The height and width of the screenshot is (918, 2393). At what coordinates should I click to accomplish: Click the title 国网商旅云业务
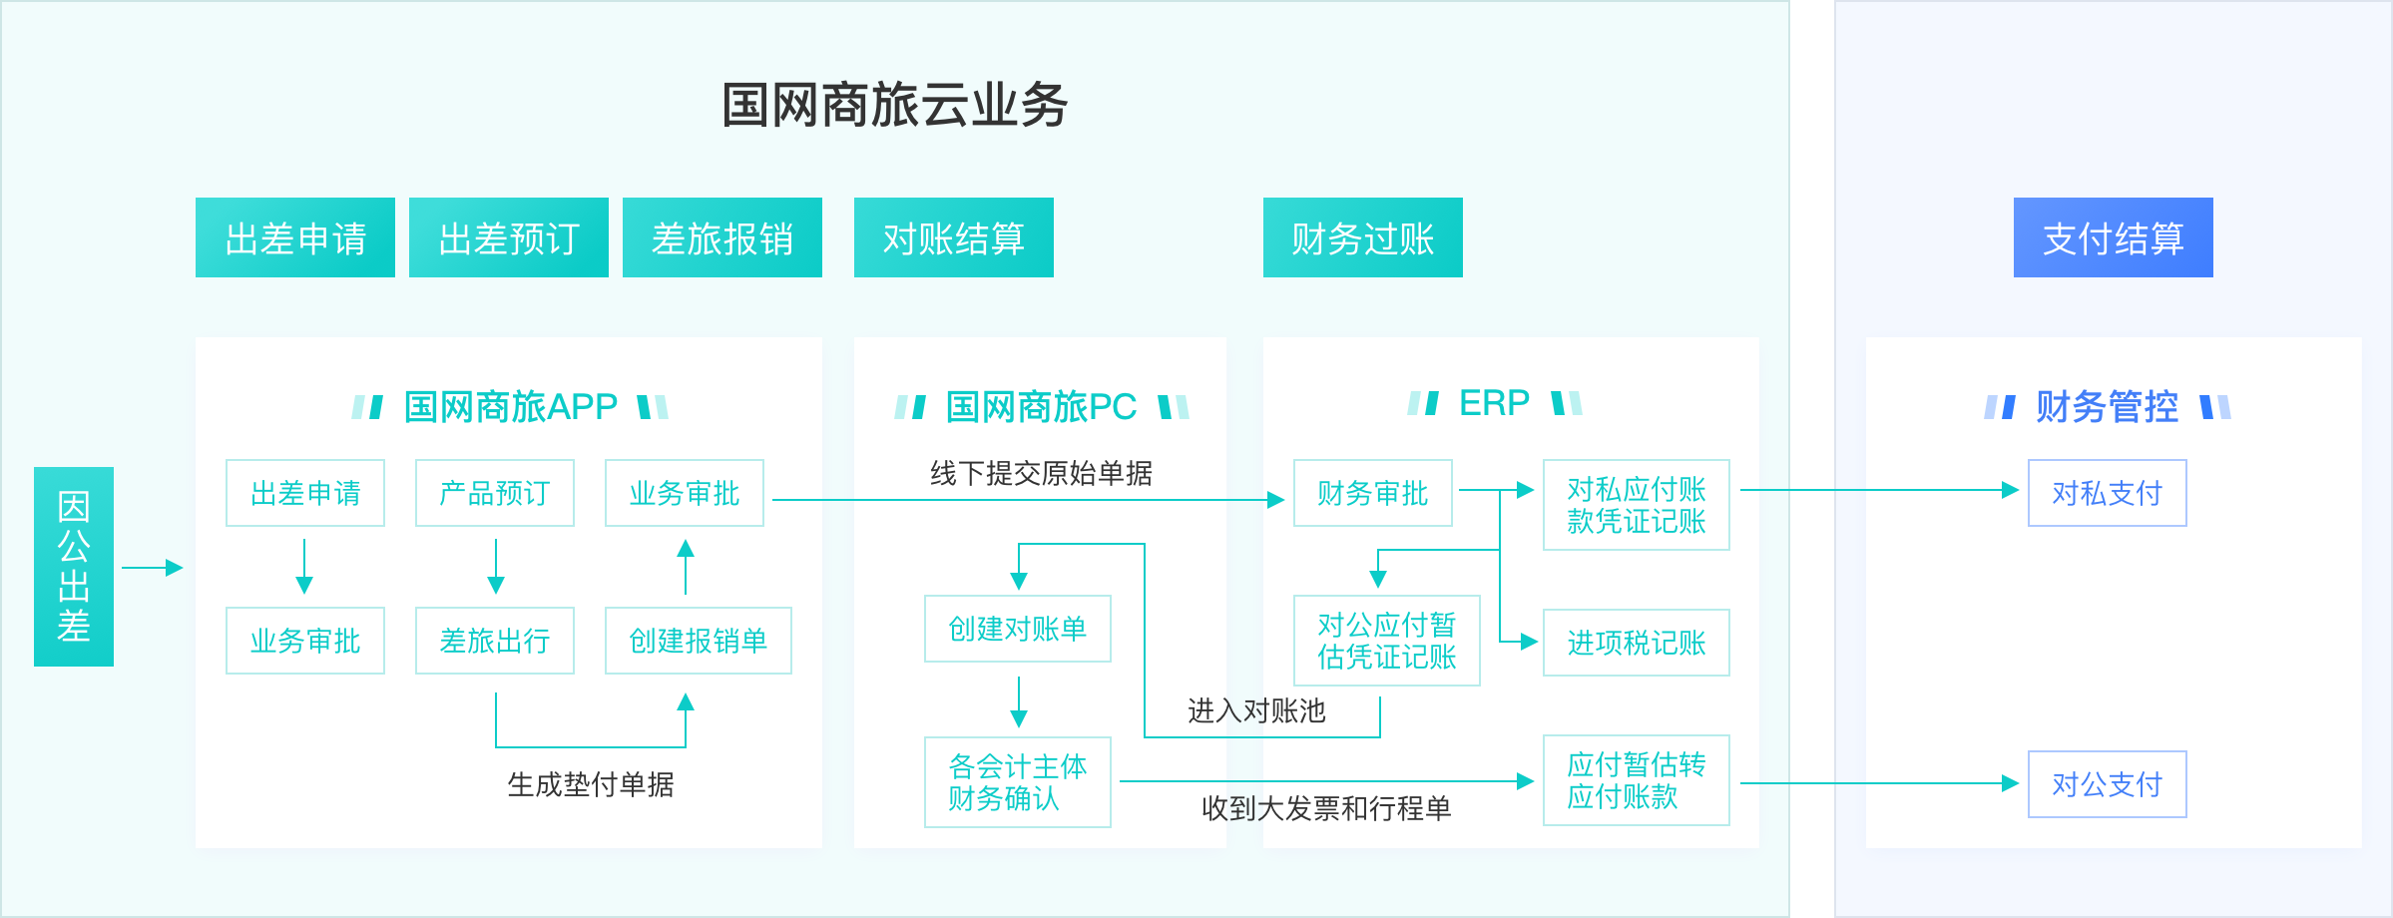[x=894, y=105]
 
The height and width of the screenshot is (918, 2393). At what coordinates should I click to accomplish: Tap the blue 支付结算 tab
[x=2113, y=237]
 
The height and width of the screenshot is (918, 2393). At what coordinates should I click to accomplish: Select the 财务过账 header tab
[x=1362, y=237]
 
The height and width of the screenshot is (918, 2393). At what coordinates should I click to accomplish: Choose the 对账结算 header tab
[x=953, y=237]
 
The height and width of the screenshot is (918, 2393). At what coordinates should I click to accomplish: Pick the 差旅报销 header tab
[x=721, y=237]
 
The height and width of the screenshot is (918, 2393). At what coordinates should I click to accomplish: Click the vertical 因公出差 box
[x=74, y=566]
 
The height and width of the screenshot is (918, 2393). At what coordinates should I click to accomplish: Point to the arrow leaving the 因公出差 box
[x=153, y=568]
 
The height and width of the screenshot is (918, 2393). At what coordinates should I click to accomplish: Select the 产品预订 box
[x=495, y=493]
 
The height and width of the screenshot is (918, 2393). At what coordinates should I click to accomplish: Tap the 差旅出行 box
[x=495, y=641]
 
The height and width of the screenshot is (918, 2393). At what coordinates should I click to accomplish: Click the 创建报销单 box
[x=699, y=641]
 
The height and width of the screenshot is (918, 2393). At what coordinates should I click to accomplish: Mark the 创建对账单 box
[x=1018, y=629]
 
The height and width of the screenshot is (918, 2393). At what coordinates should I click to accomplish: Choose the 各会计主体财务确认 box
[x=1018, y=782]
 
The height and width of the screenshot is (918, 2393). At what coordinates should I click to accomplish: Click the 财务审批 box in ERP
[x=1373, y=493]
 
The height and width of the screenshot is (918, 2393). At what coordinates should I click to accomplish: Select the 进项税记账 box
[x=1637, y=643]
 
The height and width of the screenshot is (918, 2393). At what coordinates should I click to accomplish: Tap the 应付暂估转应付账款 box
[x=1637, y=780]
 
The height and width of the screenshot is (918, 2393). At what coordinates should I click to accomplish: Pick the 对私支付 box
[x=2108, y=493]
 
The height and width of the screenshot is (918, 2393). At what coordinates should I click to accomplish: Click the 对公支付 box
[x=2108, y=784]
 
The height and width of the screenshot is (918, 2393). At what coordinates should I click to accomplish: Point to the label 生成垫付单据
[x=591, y=785]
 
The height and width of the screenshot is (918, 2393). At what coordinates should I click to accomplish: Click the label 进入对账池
[x=1256, y=710]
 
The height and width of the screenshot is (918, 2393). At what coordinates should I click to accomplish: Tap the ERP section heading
[x=1494, y=403]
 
